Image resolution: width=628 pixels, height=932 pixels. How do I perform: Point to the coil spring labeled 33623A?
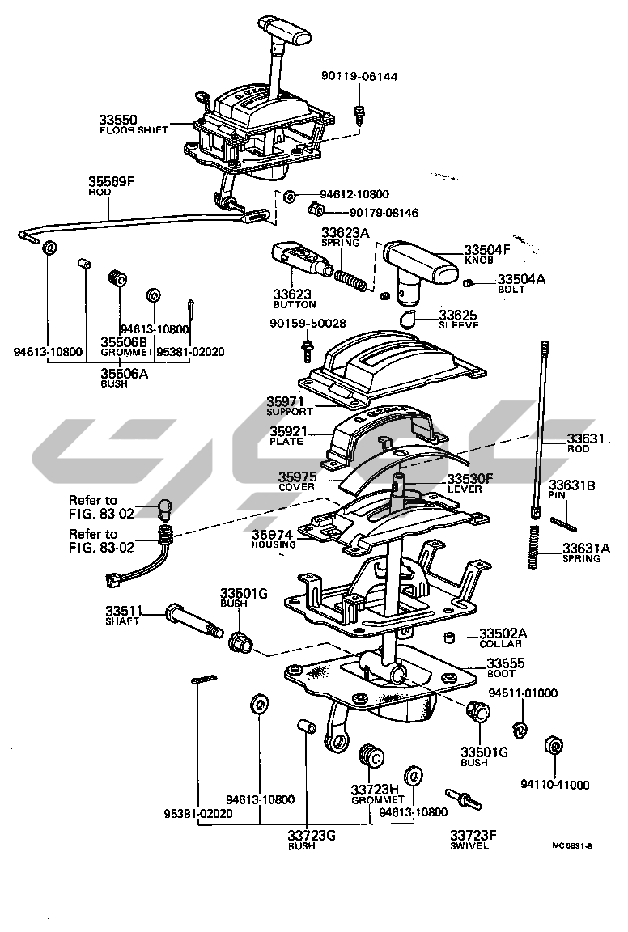click(351, 276)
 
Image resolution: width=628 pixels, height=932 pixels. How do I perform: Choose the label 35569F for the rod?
click(111, 181)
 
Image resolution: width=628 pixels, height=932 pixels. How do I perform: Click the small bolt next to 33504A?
click(468, 282)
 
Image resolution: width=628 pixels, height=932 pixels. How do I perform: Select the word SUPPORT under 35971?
click(289, 412)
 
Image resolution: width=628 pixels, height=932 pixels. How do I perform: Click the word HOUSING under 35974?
click(275, 544)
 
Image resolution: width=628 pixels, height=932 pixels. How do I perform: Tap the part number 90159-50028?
click(308, 324)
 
